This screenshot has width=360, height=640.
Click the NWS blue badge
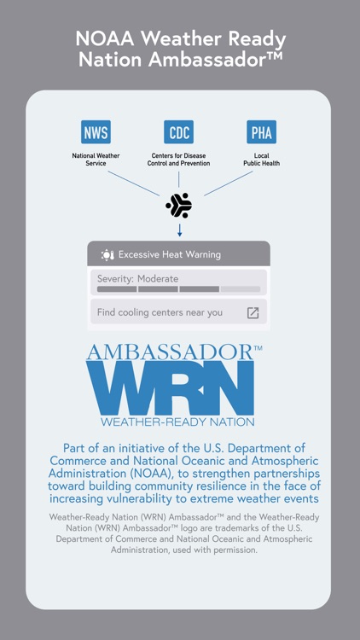[96, 132]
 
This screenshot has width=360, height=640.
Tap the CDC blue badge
[178, 132]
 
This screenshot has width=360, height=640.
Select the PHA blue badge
[261, 132]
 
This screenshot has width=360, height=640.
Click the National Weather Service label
[96, 159]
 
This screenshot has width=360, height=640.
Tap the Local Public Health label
[261, 159]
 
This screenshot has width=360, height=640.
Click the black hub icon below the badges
[178, 205]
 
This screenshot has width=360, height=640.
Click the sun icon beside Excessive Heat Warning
[107, 254]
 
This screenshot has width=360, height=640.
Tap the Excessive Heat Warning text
[169, 254]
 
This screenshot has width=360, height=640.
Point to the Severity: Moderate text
[137, 279]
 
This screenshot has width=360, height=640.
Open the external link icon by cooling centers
[253, 313]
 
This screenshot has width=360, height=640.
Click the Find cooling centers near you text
[160, 312]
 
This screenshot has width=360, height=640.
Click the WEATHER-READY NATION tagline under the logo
[177, 422]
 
